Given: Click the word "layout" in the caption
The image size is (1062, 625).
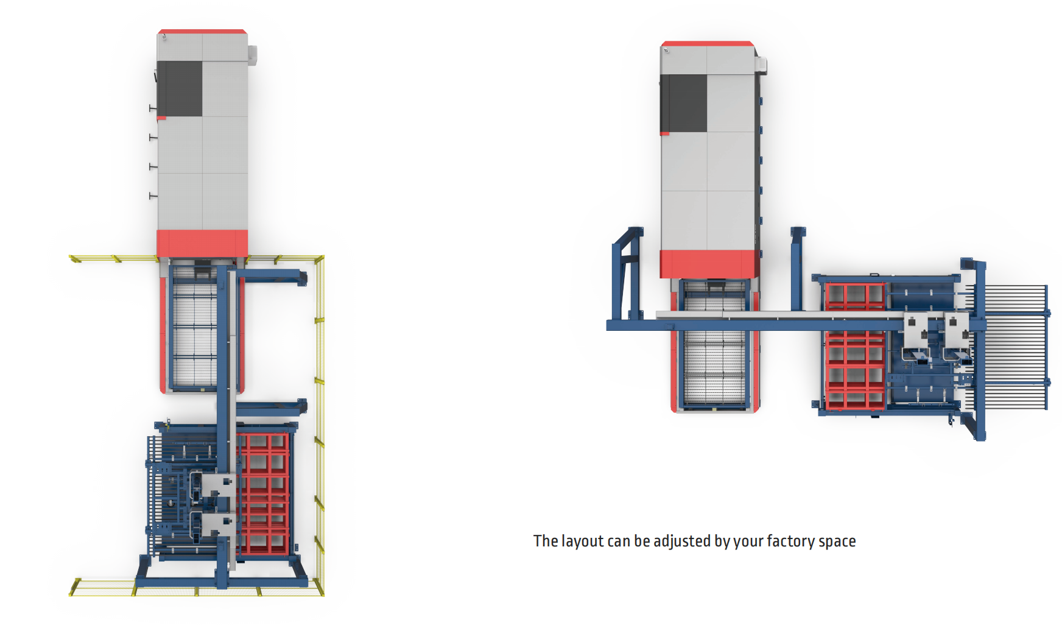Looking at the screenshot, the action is (582, 541).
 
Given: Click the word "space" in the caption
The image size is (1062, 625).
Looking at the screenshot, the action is (837, 542).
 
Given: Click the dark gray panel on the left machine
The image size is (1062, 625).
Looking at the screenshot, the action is (180, 88).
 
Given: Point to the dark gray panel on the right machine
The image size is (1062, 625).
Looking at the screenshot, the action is (684, 103).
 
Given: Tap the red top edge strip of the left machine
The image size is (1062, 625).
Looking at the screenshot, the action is (202, 31).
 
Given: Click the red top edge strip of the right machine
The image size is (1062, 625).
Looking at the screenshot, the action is (708, 44).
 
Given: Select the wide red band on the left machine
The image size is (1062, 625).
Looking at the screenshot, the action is (202, 243).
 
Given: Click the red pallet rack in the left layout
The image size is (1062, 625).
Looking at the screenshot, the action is (262, 493).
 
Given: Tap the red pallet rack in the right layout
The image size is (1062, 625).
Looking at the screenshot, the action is (854, 347).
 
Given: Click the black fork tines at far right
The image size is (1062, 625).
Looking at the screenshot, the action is (1016, 347).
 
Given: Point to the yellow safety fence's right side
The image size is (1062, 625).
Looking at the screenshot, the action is (320, 425).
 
